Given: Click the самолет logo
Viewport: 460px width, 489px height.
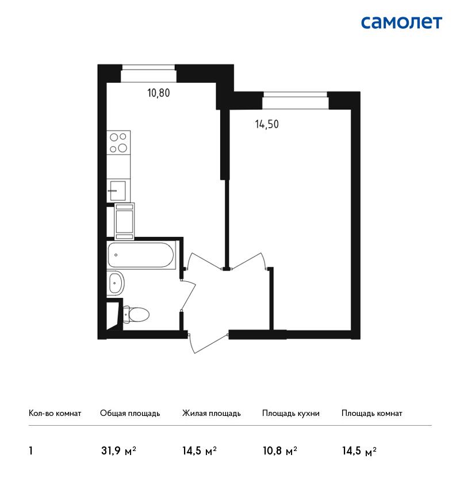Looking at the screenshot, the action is click(x=401, y=23).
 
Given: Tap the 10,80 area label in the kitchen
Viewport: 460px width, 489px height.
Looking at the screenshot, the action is click(x=158, y=93).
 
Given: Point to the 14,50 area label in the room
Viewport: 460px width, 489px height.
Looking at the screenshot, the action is click(x=267, y=124).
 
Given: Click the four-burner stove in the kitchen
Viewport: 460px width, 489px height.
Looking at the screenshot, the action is click(x=118, y=142).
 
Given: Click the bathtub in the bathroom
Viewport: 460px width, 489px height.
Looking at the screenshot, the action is click(x=141, y=255).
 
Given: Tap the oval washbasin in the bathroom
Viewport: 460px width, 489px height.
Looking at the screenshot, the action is click(x=116, y=283).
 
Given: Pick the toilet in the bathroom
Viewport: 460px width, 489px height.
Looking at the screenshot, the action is click(x=136, y=314).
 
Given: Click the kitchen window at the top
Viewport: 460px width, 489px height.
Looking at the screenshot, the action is click(x=149, y=73).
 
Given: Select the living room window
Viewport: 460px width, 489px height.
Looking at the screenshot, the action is click(x=295, y=101).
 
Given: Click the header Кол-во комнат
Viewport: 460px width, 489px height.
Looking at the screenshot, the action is click(x=55, y=414).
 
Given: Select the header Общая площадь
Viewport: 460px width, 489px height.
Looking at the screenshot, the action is click(x=130, y=414).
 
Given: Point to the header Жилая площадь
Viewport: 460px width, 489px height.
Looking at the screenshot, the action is click(x=211, y=414).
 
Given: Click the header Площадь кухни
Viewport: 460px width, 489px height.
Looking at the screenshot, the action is click(x=291, y=414).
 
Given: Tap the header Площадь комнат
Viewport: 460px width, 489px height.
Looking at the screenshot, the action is click(x=372, y=414).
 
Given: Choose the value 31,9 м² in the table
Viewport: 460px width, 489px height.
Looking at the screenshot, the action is click(x=119, y=451).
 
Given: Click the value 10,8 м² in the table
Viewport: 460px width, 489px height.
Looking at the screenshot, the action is click(x=280, y=451).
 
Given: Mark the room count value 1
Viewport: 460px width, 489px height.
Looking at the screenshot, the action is click(x=30, y=451).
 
